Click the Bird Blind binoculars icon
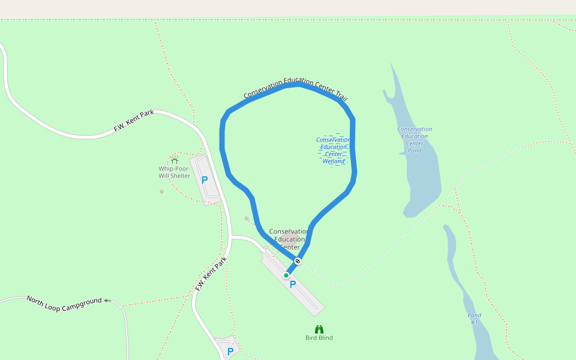[319, 329]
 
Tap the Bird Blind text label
[319, 338]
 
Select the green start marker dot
[286, 275]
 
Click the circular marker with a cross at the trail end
[298, 261]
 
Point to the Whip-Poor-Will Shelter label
[174, 172]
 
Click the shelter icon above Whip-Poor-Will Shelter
[174, 160]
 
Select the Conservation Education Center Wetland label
[334, 150]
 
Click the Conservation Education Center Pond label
[415, 140]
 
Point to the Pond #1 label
[474, 319]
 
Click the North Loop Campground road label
[64, 300]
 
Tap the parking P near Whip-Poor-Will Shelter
[205, 179]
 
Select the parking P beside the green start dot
[293, 284]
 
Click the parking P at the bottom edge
[230, 352]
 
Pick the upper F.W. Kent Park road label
[134, 121]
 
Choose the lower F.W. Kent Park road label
[211, 274]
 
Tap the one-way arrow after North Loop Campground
[107, 301]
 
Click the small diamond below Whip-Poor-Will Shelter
[161, 191]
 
